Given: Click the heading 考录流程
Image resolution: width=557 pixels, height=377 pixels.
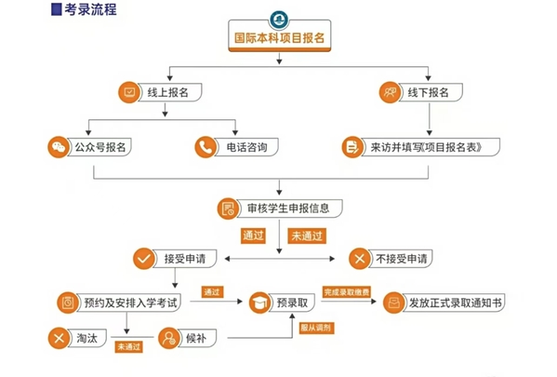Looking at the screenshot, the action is point(90,9).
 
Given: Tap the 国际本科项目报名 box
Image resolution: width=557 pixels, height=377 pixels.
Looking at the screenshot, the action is point(280,36).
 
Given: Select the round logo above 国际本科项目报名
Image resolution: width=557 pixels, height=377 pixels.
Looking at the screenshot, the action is point(279,20).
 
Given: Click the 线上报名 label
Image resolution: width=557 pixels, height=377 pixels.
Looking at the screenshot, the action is point(167,92).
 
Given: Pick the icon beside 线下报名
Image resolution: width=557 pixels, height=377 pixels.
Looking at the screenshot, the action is point(390,92).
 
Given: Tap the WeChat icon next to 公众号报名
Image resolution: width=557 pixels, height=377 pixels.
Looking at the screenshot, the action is point(59,147).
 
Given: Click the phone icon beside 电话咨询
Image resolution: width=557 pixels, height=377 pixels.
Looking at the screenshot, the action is point(206,147).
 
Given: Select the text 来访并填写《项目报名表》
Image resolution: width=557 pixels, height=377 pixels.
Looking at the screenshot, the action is point(426,147).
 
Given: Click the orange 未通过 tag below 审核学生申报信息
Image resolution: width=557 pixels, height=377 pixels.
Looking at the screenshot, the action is point(307,236).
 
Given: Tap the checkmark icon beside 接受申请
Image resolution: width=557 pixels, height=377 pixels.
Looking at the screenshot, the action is point(144,259).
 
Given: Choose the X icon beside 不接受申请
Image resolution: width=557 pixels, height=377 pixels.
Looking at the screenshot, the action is point(360,259).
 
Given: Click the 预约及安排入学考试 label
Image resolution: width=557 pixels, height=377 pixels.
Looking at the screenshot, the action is point(130,303).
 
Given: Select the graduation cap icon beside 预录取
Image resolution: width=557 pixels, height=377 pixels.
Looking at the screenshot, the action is point(259,303).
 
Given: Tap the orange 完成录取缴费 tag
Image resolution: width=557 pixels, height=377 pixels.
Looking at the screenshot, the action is point(346,292).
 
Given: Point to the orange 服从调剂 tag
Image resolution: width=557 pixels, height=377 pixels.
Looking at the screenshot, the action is point(316,328).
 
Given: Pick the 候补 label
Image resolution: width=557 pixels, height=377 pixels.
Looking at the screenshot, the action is point(195,338).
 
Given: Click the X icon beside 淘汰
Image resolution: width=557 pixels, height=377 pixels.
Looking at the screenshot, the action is point(59,338).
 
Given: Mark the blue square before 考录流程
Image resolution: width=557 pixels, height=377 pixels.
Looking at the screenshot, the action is point(57,9).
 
